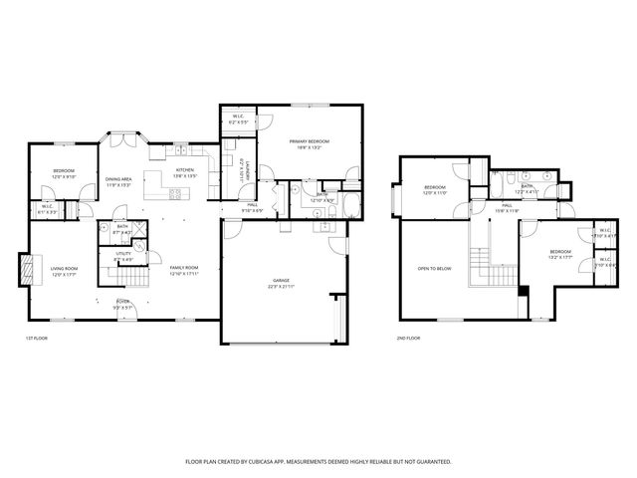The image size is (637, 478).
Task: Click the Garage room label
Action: click(x=282, y=284)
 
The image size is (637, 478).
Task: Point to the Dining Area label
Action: click(x=118, y=181)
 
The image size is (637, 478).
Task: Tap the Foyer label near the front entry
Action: click(x=122, y=303)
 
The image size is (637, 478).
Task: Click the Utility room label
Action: click(x=123, y=256)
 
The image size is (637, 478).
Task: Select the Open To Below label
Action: click(x=435, y=269)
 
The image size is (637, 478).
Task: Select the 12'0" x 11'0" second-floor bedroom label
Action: click(x=435, y=190)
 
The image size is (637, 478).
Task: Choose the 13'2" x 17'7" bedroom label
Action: click(x=560, y=254)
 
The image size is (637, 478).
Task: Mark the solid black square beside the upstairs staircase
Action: click(x=522, y=291)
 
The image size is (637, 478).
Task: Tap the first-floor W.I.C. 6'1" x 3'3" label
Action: click(x=47, y=209)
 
